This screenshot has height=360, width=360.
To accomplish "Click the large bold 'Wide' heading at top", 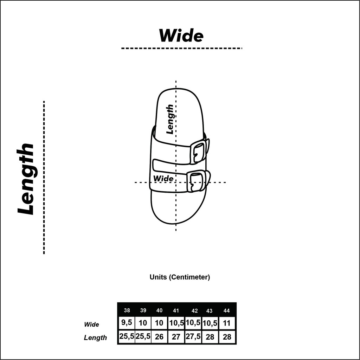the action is [181, 36].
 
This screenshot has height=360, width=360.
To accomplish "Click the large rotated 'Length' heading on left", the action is [25, 179].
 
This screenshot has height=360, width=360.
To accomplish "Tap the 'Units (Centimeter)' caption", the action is [180, 277].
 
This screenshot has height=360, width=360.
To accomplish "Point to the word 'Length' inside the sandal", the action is [170, 119].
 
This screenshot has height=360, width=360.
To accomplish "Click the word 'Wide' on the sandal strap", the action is [163, 178].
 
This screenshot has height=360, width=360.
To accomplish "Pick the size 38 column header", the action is [127, 310].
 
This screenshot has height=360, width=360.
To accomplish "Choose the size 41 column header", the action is [176, 311].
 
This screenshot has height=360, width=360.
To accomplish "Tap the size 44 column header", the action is [227, 311].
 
